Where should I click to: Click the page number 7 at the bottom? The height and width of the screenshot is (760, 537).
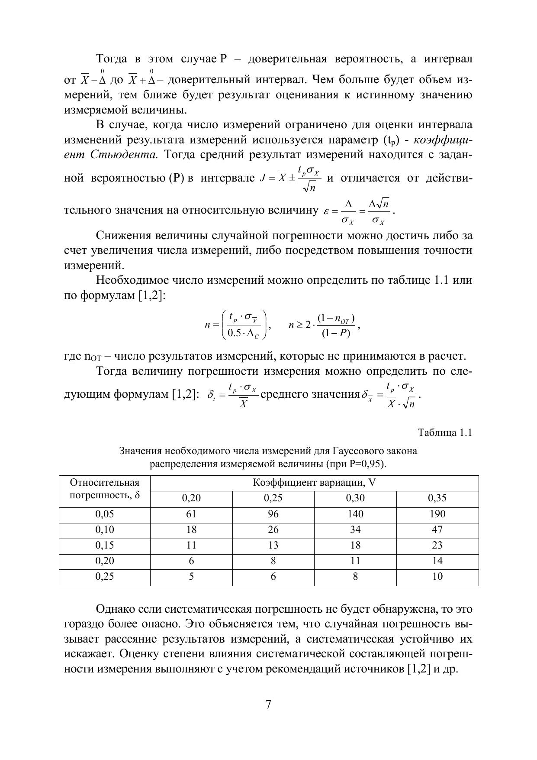tap(268, 705)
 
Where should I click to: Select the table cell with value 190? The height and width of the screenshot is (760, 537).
tap(437, 514)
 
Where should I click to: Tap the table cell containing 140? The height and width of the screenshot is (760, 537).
tap(355, 514)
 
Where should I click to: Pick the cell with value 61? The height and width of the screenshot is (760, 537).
tap(191, 514)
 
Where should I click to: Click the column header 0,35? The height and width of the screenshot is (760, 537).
tap(437, 498)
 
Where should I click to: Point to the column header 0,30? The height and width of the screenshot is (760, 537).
tap(355, 498)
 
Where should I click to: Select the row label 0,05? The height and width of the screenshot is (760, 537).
tap(104, 514)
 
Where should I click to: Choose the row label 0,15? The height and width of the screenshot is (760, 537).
tap(104, 546)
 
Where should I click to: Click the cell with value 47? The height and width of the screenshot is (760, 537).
tap(437, 530)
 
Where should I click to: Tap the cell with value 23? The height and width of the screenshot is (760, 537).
tap(437, 546)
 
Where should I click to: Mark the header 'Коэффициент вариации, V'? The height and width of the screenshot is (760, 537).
tap(314, 483)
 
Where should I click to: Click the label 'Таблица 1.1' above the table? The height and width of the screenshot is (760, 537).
tap(445, 433)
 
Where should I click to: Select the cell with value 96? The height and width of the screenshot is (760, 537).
tap(273, 514)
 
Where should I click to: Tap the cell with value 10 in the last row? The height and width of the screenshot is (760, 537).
tap(437, 577)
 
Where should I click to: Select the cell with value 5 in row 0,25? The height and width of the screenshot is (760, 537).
tap(191, 577)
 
